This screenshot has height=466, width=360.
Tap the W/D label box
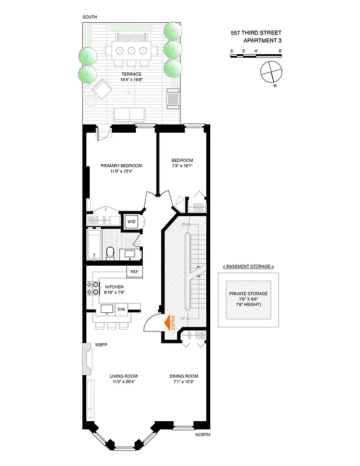click(x=130, y=221)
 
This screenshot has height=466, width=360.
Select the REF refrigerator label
click(x=135, y=271)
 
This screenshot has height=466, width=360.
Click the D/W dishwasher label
click(x=121, y=309)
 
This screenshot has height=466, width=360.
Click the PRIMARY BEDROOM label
click(x=121, y=165)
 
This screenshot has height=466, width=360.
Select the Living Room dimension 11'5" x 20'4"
click(x=123, y=382)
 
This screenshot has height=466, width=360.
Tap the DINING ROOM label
click(x=184, y=376)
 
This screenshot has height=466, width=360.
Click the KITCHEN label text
click(x=114, y=287)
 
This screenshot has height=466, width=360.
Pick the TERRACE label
click(x=132, y=74)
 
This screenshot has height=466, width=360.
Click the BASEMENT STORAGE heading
click(x=248, y=266)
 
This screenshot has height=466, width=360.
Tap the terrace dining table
click(x=132, y=50)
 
